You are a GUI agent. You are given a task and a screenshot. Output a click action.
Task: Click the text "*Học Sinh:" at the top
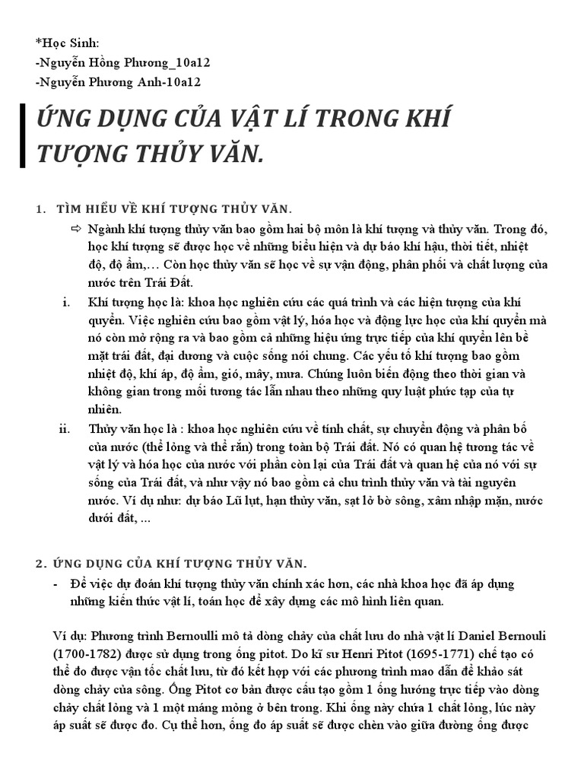tap(67, 42)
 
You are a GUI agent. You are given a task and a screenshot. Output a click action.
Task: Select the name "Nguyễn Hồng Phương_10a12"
tap(115, 62)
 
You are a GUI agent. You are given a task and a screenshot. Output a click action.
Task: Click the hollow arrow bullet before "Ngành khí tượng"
tap(75, 228)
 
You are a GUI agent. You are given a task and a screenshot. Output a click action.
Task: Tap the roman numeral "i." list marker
tap(66, 301)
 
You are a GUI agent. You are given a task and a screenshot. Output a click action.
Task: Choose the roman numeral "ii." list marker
tap(65, 428)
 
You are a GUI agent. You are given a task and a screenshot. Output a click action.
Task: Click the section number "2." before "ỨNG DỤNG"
tap(41, 563)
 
